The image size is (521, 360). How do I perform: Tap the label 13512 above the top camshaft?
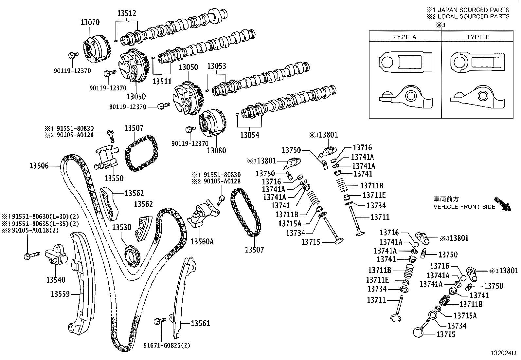(x=127, y=13)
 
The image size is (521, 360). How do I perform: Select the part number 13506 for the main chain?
(x=39, y=166)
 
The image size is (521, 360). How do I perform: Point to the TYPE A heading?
(x=404, y=37)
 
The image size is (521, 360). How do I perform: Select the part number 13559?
(x=60, y=294)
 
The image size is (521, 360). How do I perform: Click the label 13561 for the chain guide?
(x=200, y=323)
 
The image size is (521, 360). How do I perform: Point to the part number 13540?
(x=56, y=280)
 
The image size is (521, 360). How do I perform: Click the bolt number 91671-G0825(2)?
(x=167, y=345)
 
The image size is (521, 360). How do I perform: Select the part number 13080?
(x=216, y=150)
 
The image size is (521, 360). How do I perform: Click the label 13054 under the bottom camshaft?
(x=250, y=135)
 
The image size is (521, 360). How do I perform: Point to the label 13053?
(x=216, y=66)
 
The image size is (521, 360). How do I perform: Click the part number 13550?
(x=114, y=178)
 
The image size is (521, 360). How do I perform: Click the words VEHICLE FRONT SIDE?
(x=464, y=207)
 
